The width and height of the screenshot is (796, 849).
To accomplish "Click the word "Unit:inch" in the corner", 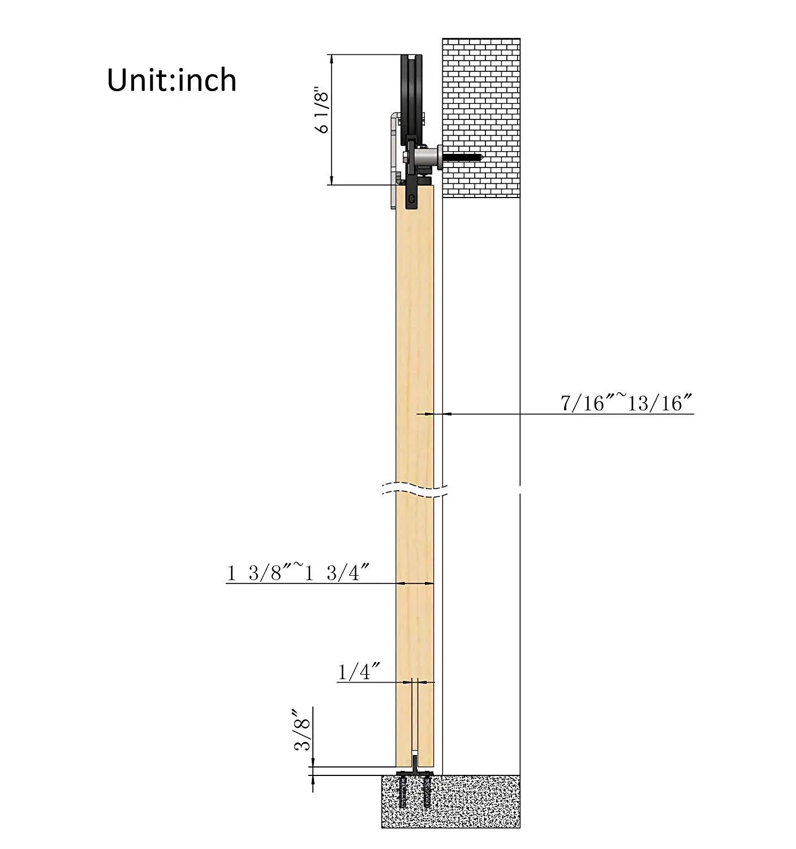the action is point(171,80).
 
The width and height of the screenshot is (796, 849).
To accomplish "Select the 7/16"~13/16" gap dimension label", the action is point(626,404).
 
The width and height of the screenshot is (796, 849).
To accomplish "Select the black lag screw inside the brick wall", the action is point(462,157).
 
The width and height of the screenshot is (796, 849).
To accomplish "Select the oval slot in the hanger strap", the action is point(411,199).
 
